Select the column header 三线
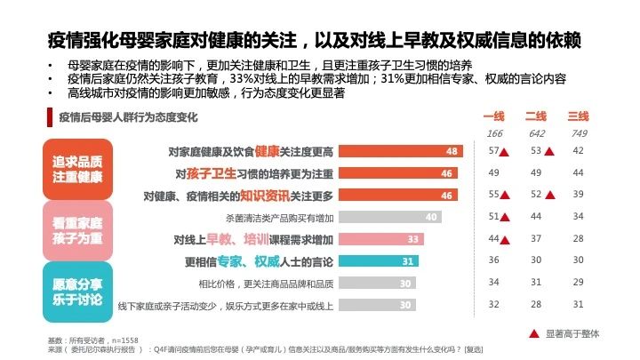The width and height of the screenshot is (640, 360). pyautogui.click(x=579, y=116)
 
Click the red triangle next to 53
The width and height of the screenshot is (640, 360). pyautogui.click(x=550, y=151)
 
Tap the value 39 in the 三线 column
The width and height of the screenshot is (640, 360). pyautogui.click(x=579, y=195)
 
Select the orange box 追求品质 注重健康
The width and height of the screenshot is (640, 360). pyautogui.click(x=77, y=167)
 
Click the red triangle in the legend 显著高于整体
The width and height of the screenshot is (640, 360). pyautogui.click(x=533, y=332)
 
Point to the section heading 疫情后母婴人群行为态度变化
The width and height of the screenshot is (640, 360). pyautogui.click(x=128, y=116)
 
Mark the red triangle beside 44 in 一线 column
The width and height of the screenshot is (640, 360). pyautogui.click(x=507, y=239)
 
